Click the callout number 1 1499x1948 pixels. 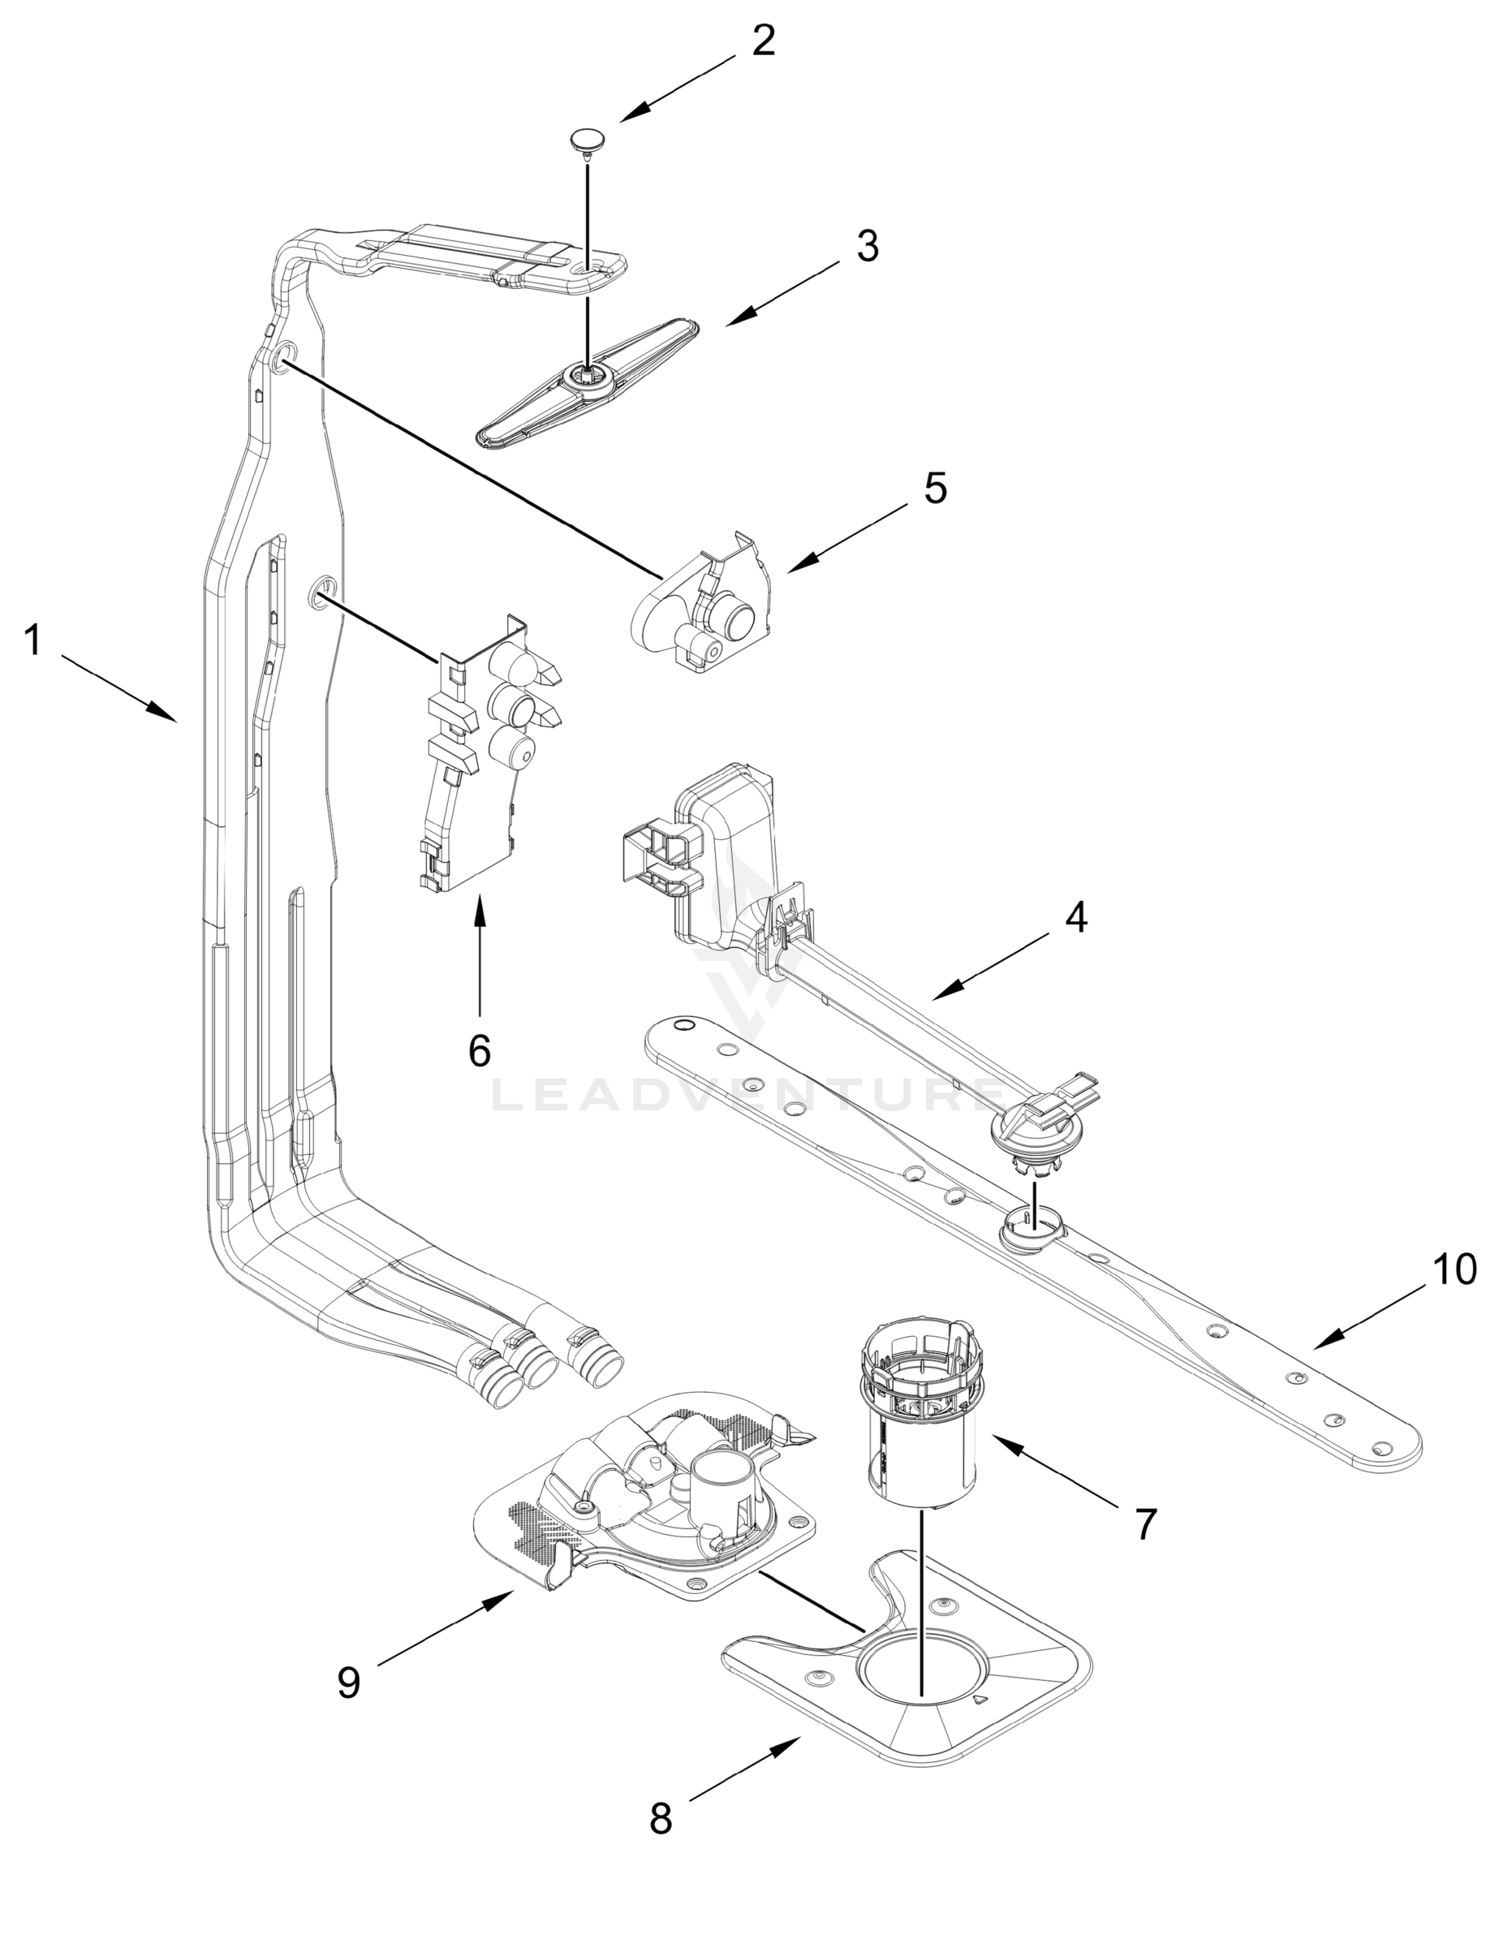pos(33,640)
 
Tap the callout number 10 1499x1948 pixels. pos(1454,1269)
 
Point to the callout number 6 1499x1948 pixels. pos(480,1052)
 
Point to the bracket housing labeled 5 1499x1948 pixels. pos(704,606)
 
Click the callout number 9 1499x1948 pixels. pos(349,1683)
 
